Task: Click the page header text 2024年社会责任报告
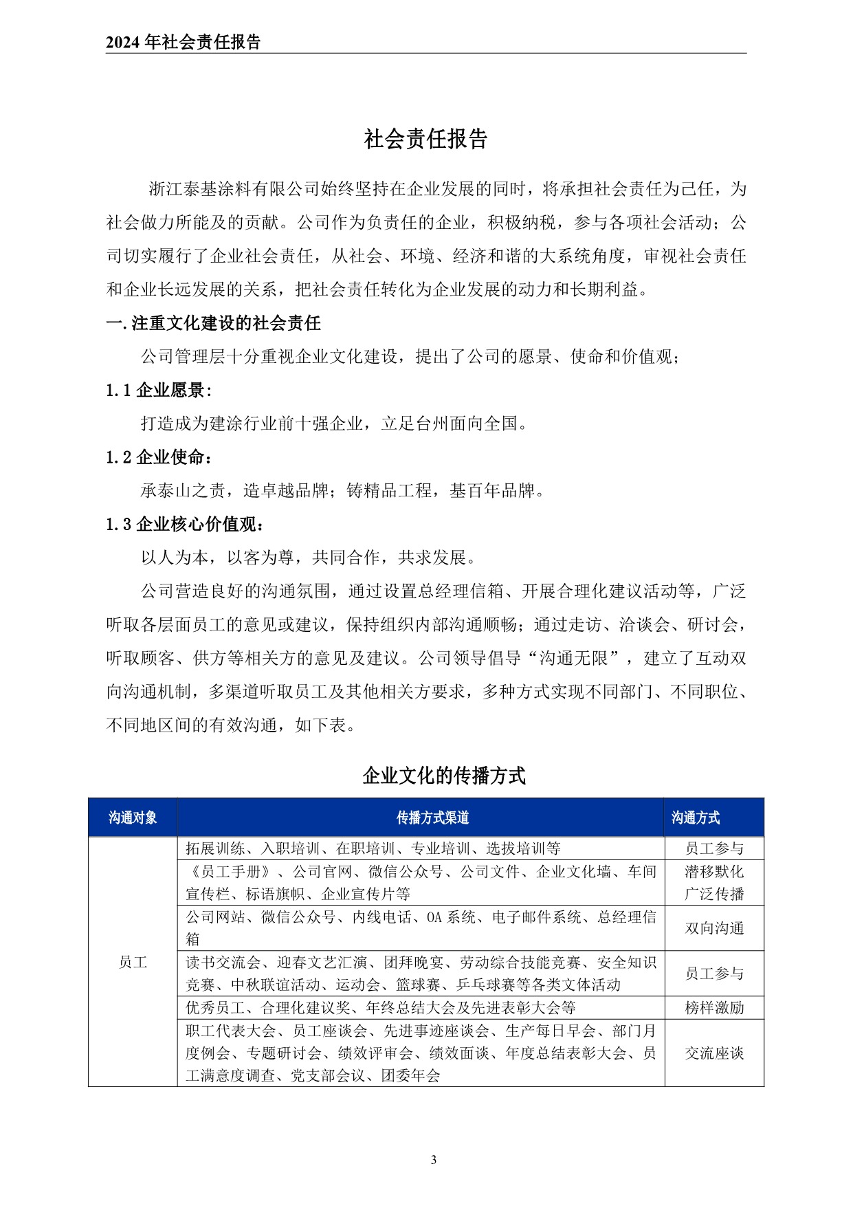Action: (184, 43)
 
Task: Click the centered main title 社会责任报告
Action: (425, 139)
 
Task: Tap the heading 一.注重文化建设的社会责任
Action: (214, 323)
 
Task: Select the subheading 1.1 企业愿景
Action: (159, 391)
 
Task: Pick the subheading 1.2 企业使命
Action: (159, 457)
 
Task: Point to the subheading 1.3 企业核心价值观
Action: (185, 524)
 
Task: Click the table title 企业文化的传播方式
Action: (443, 776)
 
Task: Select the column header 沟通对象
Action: (133, 818)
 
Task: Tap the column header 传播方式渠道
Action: (432, 818)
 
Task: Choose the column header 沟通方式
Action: (695, 818)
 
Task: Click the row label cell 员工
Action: (133, 962)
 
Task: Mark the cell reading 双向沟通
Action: (714, 928)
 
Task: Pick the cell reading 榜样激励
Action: (714, 1008)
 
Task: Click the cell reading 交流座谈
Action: (714, 1053)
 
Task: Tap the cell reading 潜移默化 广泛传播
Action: (714, 883)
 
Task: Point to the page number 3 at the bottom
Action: (433, 1160)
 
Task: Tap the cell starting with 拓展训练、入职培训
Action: (373, 848)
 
